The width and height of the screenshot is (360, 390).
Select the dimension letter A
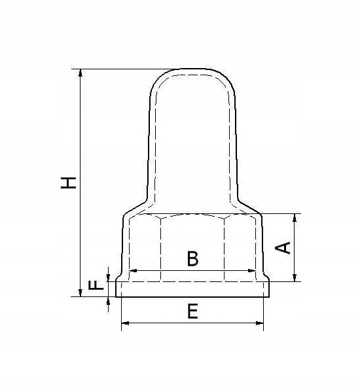[x=283, y=247]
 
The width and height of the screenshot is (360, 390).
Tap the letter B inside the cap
[x=192, y=258]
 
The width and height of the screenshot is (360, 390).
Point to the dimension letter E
[x=192, y=311]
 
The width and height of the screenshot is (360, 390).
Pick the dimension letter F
[x=96, y=285]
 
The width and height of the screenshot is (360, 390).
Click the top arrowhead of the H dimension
[x=81, y=73]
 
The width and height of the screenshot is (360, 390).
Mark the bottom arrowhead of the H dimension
[x=81, y=292]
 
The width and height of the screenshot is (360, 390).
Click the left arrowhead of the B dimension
[x=133, y=270]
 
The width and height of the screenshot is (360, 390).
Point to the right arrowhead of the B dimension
[x=251, y=270]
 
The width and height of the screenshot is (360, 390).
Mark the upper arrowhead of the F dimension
[x=108, y=277]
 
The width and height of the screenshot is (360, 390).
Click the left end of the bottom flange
[x=117, y=289]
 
